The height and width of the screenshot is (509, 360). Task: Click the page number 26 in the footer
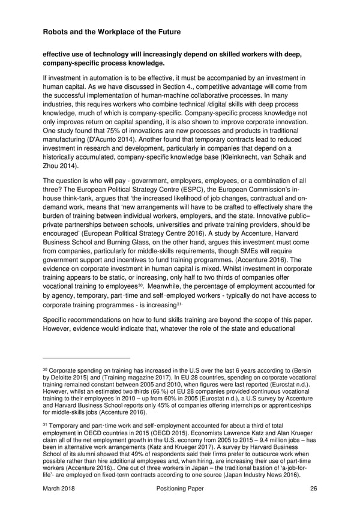(313, 489)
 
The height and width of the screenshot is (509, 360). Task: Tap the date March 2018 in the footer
(59, 489)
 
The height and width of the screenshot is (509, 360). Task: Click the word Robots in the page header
(57, 31)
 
